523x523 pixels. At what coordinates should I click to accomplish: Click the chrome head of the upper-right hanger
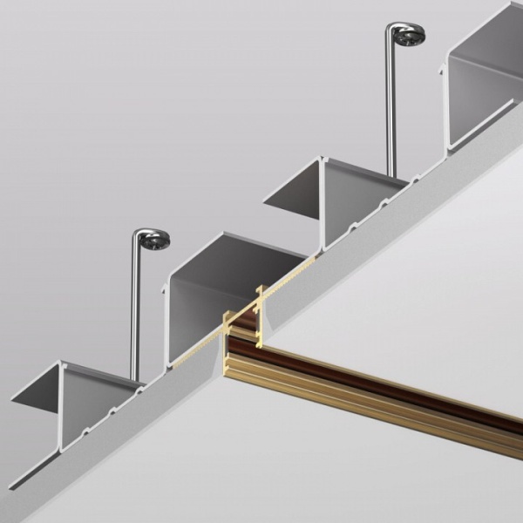(x=409, y=36)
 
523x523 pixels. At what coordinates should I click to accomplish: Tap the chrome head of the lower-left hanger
(x=154, y=241)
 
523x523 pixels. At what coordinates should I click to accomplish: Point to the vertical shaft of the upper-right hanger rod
(x=391, y=105)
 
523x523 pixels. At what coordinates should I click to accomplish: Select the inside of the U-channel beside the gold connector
(x=209, y=301)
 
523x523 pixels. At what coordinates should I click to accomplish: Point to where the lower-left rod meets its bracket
(x=135, y=378)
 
